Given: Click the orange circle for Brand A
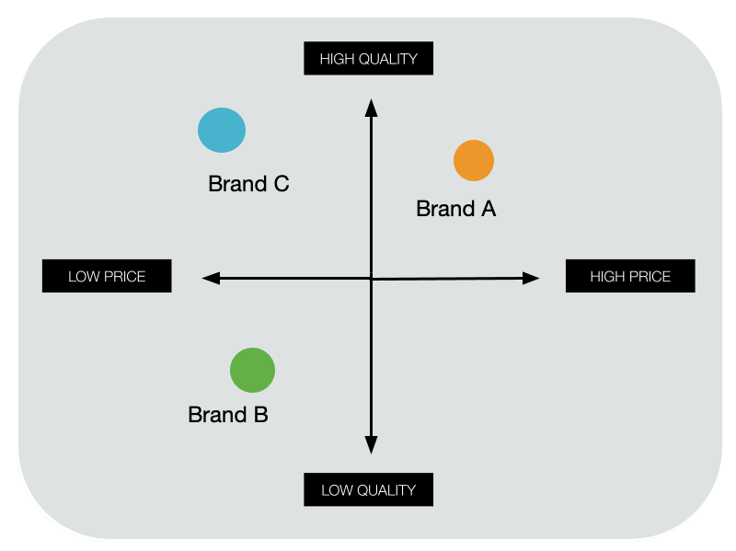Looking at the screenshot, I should click(x=474, y=161).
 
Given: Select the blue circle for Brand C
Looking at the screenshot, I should click(x=222, y=130).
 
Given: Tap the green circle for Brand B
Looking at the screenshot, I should click(x=252, y=371).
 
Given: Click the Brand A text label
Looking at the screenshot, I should click(x=455, y=209).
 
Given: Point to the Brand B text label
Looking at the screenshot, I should click(x=227, y=415).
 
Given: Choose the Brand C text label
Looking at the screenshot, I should click(x=248, y=184).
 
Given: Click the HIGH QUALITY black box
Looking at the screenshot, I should click(x=368, y=59).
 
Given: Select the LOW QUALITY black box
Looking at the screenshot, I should click(x=368, y=489).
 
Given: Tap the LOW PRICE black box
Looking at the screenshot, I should click(x=107, y=276).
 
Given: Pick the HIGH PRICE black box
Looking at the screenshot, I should click(x=630, y=276).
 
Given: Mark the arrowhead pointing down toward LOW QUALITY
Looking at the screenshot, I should click(x=371, y=445).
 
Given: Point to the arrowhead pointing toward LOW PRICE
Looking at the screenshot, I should click(x=210, y=277).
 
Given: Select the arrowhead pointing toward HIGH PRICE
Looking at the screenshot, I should click(x=531, y=278).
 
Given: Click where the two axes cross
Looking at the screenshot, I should click(x=371, y=278).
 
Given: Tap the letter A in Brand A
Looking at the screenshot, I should click(x=488, y=209).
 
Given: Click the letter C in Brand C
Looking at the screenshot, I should click(x=281, y=184).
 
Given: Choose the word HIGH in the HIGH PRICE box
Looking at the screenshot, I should click(x=607, y=276).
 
